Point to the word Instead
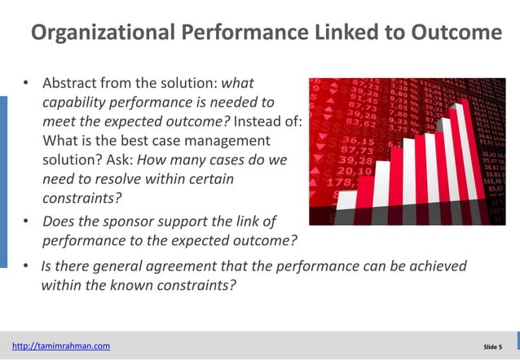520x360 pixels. click(259, 122)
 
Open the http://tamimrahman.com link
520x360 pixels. click(61, 346)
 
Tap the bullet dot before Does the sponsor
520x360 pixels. click(25, 222)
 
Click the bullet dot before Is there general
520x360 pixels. click(25, 266)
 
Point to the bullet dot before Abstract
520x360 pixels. click(25, 84)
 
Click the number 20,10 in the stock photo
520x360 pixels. click(354, 172)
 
